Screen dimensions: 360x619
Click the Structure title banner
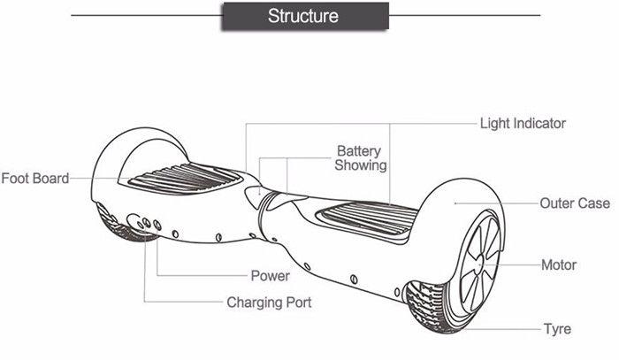(302, 17)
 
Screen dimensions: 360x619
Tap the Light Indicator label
(522, 124)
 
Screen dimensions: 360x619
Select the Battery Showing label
(361, 158)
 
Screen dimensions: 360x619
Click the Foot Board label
(34, 179)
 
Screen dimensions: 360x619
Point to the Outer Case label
(575, 203)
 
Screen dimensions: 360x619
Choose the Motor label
(558, 264)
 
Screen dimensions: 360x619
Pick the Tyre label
(557, 329)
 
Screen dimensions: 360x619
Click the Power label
(270, 276)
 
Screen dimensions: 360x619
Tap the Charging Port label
(269, 303)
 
